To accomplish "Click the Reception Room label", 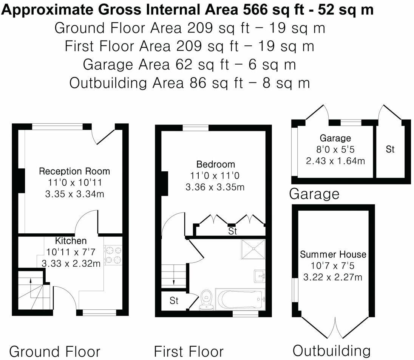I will pos(74,171).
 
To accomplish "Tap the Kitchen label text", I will pos(71,241).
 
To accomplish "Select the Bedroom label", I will pos(216,164).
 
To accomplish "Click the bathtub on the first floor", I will pos(240,299).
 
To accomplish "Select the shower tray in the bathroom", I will pos(253,249).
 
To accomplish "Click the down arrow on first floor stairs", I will pos(174,281).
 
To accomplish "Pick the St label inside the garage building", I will pos(390,149).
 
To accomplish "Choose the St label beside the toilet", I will pos(174,301).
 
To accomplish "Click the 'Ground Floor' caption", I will pos(55,351).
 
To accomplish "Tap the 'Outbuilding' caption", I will pos(332,350).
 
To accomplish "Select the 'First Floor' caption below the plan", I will pos(189,351).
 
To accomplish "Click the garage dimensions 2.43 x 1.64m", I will pos(336,161).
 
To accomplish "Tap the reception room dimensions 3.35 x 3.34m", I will pos(74,194).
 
